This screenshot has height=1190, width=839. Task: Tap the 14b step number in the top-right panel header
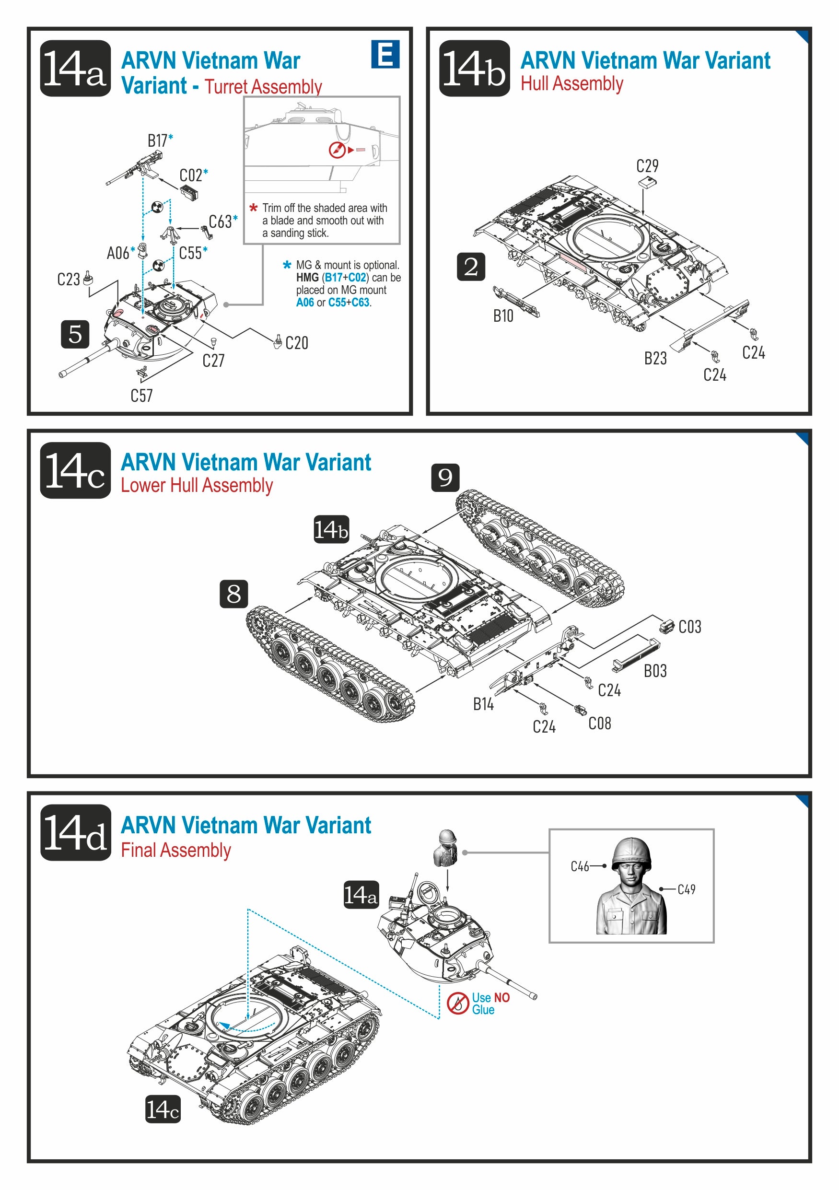pos(474,69)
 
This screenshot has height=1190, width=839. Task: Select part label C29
pos(647,166)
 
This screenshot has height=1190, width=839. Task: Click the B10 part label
pos(502,315)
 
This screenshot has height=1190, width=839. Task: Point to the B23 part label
pos(655,358)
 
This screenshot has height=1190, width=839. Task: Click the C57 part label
pos(141,396)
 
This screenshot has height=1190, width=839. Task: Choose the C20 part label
pos(296,343)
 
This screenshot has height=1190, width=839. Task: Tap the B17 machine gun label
pos(158,140)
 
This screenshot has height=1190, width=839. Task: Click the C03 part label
pos(690,627)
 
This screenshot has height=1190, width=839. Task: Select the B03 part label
pos(655,671)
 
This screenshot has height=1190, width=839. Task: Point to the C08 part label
pos(600,723)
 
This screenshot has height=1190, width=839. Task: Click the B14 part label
pos(483,704)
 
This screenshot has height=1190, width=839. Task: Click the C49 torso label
pos(686,889)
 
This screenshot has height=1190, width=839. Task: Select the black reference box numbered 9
pos(445,478)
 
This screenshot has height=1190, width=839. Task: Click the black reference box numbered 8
pos(233,594)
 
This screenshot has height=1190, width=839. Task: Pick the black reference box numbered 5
pos(75,334)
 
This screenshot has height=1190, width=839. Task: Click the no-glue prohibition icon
pos(457,1003)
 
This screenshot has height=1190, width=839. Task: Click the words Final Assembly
pos(175,850)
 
